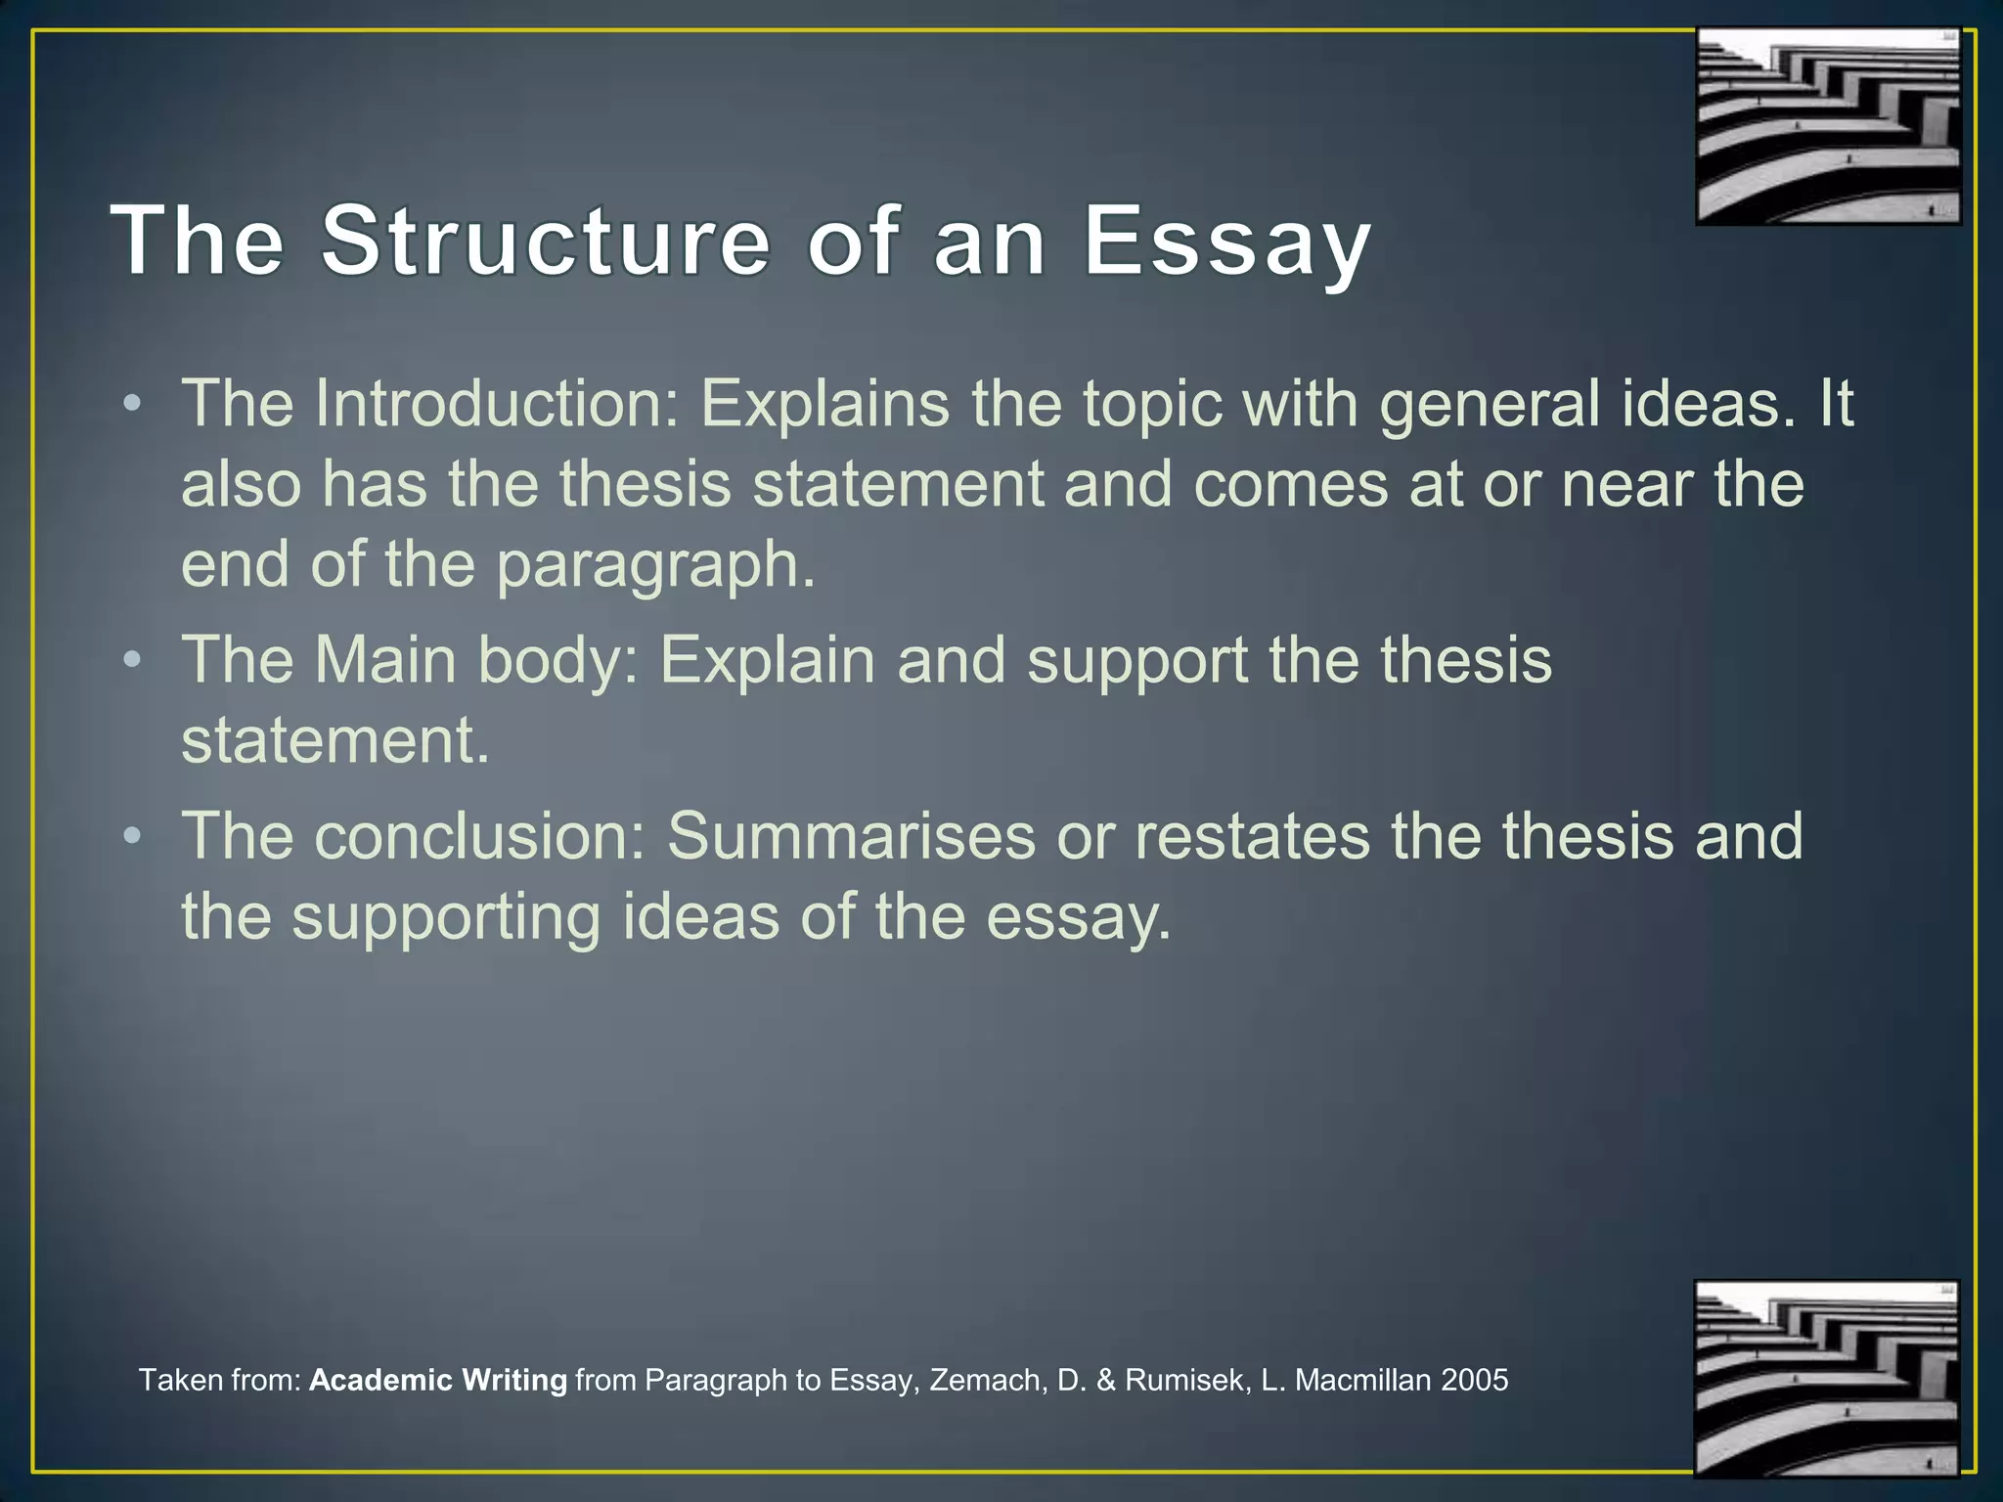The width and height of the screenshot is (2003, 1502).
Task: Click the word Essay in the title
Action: [1226, 243]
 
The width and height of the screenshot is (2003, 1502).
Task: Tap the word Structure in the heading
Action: [546, 241]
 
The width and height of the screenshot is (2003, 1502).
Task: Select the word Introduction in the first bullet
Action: [497, 403]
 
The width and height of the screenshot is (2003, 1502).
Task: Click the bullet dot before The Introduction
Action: [133, 404]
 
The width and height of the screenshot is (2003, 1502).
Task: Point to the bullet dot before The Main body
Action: [133, 660]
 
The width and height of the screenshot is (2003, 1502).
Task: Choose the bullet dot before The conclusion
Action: [133, 837]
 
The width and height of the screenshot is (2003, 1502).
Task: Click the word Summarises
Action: [851, 837]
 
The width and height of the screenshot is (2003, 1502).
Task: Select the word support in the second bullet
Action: [1136, 661]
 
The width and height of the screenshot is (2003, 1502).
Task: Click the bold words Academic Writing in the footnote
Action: [438, 1380]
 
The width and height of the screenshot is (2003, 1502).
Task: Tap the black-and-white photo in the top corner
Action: [1828, 126]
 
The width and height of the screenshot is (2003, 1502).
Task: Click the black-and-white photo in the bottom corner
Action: [1827, 1378]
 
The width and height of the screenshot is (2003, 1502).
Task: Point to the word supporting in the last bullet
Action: [447, 919]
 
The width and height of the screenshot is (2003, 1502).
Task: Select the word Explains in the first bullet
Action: [824, 405]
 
